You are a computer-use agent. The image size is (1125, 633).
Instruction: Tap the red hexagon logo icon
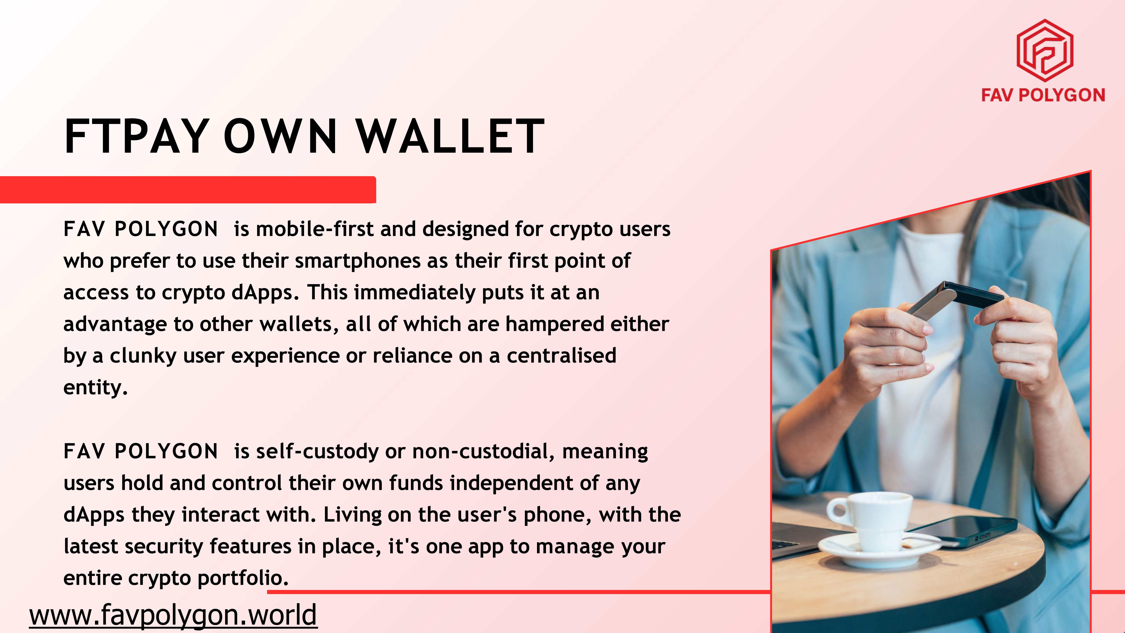click(1045, 50)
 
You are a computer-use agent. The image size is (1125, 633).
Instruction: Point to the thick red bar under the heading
click(188, 190)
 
